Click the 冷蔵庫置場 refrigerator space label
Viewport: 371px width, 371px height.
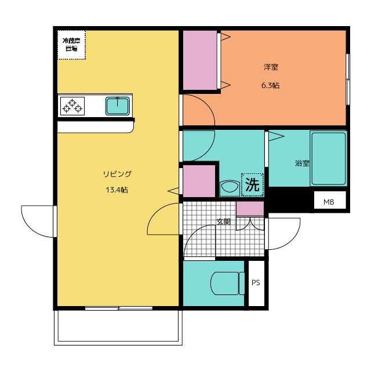[x=71, y=45]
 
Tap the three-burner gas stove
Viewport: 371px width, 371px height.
[x=72, y=106]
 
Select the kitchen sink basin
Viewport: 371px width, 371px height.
[x=118, y=106]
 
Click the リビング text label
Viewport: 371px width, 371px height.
[x=117, y=174]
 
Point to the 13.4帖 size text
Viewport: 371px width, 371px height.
[x=117, y=190]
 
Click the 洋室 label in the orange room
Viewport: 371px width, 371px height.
[x=271, y=67]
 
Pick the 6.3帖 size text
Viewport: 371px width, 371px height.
[x=271, y=85]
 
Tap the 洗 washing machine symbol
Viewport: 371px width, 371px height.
[x=252, y=185]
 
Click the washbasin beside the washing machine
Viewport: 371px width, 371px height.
[x=230, y=188]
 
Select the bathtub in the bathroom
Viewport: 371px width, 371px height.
[x=329, y=158]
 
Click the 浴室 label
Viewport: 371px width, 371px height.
[x=302, y=163]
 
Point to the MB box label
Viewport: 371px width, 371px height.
[x=329, y=202]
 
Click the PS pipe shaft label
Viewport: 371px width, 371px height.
[x=256, y=283]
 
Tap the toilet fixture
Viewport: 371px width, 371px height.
[x=228, y=283]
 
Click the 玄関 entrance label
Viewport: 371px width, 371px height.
[x=224, y=221]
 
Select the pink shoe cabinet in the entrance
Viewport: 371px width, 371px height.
[x=250, y=209]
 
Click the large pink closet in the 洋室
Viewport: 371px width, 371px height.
[x=200, y=60]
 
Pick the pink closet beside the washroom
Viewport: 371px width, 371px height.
[x=199, y=181]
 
